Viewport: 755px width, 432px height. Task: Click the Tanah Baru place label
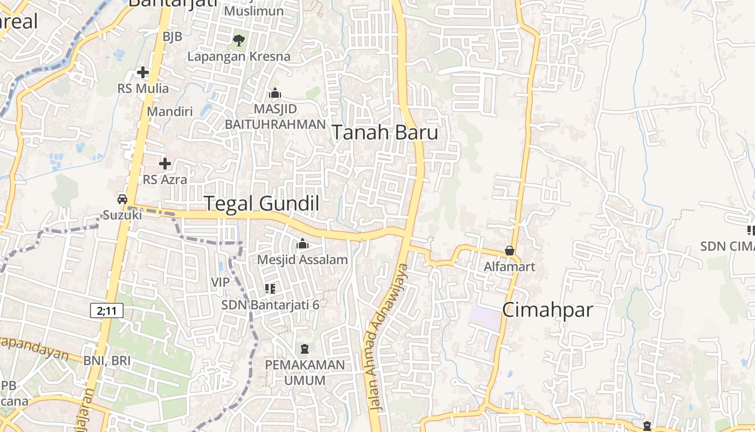pyautogui.click(x=384, y=132)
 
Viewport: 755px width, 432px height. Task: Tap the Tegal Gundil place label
pyautogui.click(x=262, y=204)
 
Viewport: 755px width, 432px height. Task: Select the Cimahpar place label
pyautogui.click(x=547, y=310)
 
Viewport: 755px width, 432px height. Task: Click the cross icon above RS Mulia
pyautogui.click(x=143, y=72)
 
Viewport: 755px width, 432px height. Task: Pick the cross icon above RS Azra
pyautogui.click(x=165, y=163)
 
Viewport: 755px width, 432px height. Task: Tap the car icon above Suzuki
pyautogui.click(x=122, y=199)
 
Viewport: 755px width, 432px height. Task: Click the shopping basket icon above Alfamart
pyautogui.click(x=509, y=251)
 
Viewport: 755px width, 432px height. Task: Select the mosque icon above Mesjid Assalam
pyautogui.click(x=303, y=244)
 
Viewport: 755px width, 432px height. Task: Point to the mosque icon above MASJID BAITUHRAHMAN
pyautogui.click(x=275, y=93)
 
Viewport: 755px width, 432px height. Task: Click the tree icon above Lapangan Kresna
pyautogui.click(x=238, y=39)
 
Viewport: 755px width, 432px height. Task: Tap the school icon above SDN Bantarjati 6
pyautogui.click(x=270, y=289)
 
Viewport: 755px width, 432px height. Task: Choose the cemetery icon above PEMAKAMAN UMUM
pyautogui.click(x=305, y=349)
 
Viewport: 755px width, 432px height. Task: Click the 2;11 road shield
pyautogui.click(x=107, y=310)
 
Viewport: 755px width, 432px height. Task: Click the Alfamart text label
pyautogui.click(x=509, y=266)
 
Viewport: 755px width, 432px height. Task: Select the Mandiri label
pyautogui.click(x=170, y=112)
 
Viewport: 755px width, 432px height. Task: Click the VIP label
pyautogui.click(x=220, y=282)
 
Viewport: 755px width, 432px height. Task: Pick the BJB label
pyautogui.click(x=173, y=37)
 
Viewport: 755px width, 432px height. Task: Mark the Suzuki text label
pyautogui.click(x=122, y=215)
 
